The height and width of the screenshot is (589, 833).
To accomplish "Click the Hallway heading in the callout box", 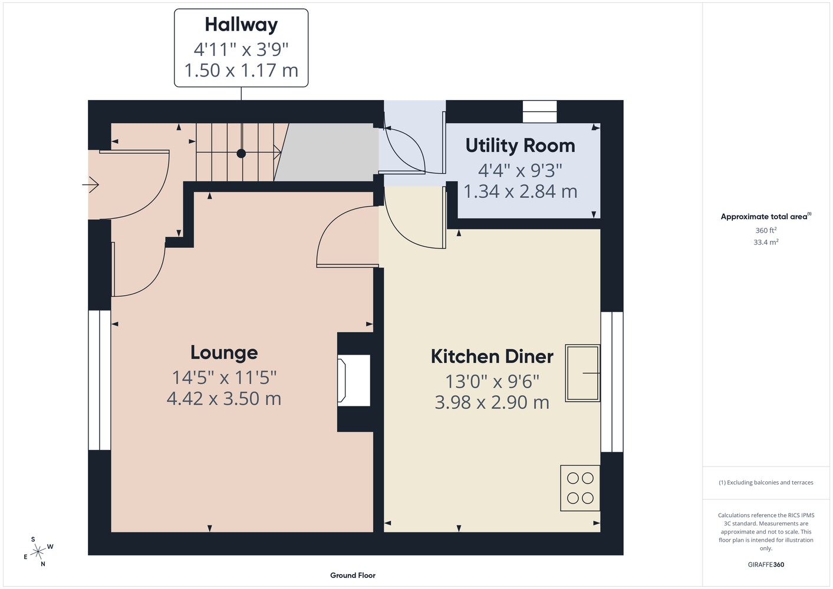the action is coord(241,25).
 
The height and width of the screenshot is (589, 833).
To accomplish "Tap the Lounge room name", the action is coord(224,353).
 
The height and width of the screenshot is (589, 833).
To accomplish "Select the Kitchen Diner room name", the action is coord(492,356).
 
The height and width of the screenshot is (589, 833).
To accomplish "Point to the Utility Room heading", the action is coord(520,145).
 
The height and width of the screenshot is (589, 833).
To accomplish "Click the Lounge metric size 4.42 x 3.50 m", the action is coord(224,399).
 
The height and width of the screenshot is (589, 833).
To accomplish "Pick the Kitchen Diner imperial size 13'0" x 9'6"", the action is coord(492,382).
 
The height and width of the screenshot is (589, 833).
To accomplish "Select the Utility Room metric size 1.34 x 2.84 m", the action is coord(520,191).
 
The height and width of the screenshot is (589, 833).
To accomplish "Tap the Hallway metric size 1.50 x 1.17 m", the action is coord(241,70).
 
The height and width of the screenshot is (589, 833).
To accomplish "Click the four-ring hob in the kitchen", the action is coord(580,488).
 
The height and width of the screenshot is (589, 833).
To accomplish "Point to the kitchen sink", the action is coord(582,373).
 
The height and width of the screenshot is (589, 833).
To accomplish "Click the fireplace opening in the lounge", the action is coord(354,380).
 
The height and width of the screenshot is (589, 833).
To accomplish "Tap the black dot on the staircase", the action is coord(241,153).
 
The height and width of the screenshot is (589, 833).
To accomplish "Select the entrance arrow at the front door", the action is coord(90,184).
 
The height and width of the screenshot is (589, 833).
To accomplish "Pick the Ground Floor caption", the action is coord(353,575).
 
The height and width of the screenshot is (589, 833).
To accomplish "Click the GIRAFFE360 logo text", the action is coord(766,565).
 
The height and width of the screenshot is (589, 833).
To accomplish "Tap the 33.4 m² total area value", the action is coord(766,242).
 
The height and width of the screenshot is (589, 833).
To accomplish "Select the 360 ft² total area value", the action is coord(766,230).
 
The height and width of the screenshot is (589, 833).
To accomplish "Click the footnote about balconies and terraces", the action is coord(766,482).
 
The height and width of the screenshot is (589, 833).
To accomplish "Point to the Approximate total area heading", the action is coord(766,216).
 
